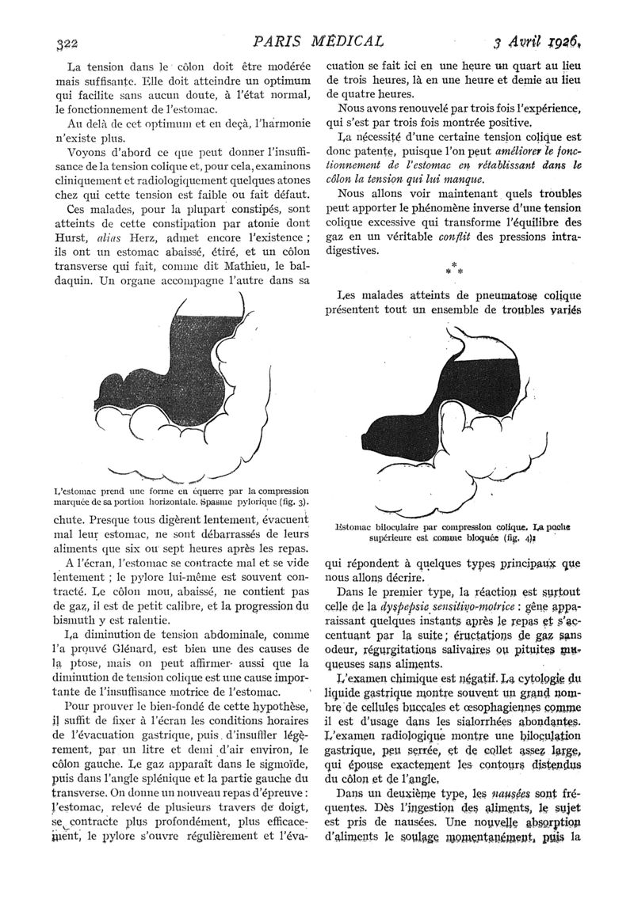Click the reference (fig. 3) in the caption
[292, 503]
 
